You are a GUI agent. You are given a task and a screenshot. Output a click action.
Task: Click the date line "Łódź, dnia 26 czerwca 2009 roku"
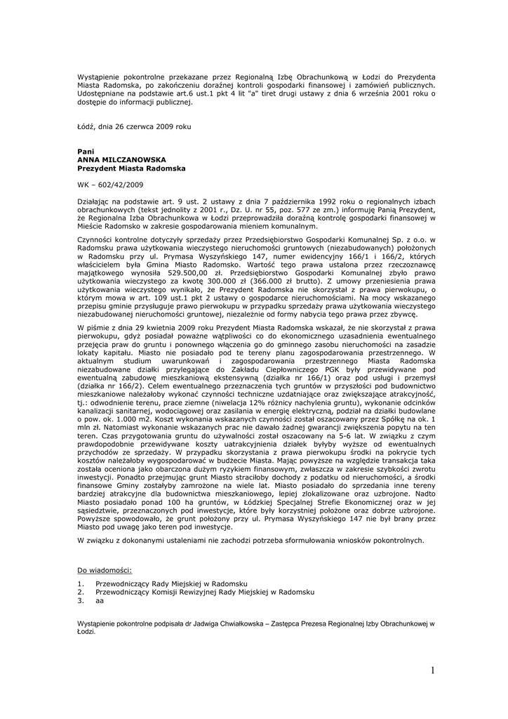pyautogui.click(x=133, y=126)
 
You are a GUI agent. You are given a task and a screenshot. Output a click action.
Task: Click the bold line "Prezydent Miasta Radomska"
pyautogui.click(x=131, y=169)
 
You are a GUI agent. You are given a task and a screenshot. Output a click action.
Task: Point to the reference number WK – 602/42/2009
pyautogui.click(x=110, y=185)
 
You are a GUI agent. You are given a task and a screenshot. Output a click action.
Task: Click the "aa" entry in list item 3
pyautogui.click(x=100, y=600)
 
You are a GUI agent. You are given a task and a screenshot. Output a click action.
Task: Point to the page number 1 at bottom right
pyautogui.click(x=434, y=671)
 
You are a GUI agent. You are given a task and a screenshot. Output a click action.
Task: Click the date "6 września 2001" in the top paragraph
pyautogui.click(x=370, y=93)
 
